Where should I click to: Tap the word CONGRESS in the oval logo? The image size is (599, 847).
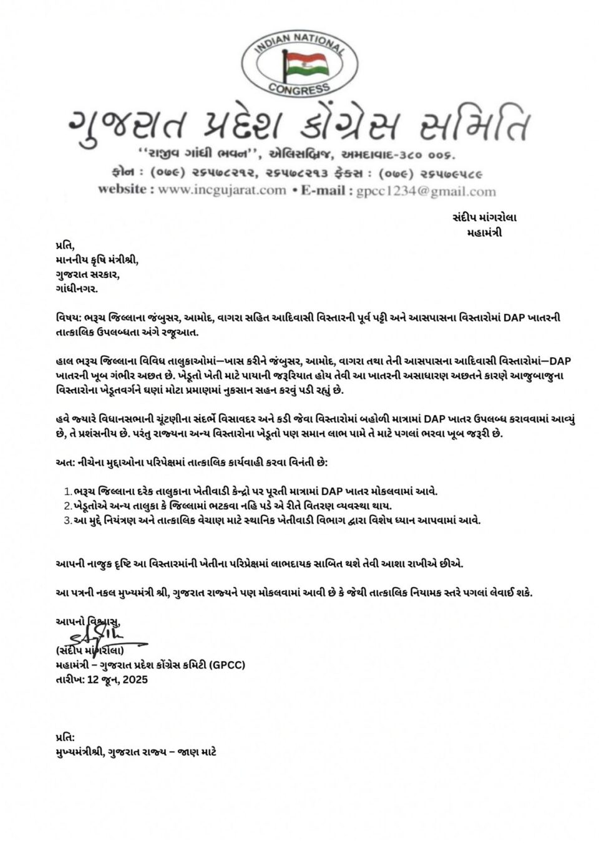pyautogui.click(x=299, y=89)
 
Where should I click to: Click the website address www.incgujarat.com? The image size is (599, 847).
pyautogui.click(x=222, y=190)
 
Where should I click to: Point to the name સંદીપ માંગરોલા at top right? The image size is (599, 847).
pyautogui.click(x=484, y=218)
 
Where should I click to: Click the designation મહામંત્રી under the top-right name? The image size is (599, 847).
pyautogui.click(x=484, y=233)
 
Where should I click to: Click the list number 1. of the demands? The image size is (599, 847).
pyautogui.click(x=68, y=492)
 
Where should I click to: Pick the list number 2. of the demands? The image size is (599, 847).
pyautogui.click(x=68, y=506)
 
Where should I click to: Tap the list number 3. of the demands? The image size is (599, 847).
pyautogui.click(x=68, y=520)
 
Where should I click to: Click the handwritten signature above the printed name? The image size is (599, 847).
pyautogui.click(x=100, y=636)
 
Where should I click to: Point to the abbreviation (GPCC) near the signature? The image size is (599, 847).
pyautogui.click(x=228, y=665)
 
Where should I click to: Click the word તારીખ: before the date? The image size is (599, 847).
pyautogui.click(x=71, y=679)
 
